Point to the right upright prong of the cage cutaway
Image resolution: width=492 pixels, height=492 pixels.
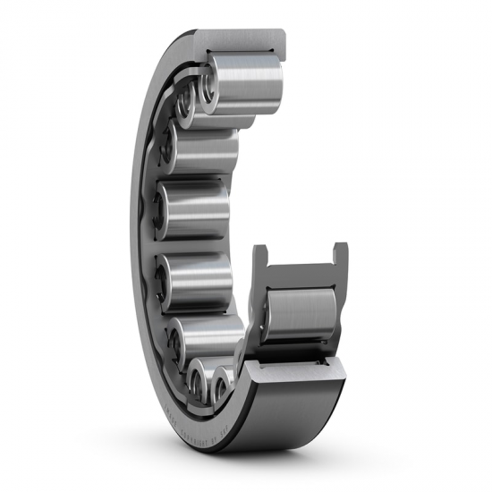(x=339, y=259)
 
